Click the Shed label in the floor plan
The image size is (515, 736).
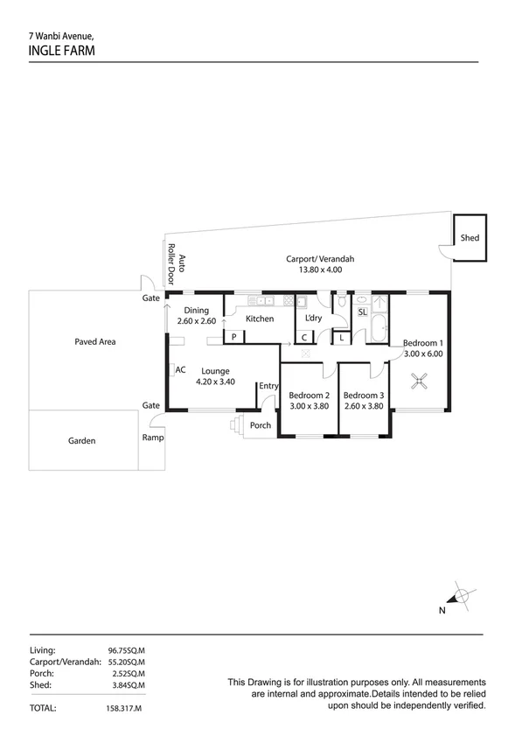pos(470,238)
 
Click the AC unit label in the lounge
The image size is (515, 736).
pos(180,370)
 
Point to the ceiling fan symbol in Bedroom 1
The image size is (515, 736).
pos(421,380)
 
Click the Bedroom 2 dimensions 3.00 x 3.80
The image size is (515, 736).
pos(309,405)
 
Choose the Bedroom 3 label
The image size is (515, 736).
pos(363,395)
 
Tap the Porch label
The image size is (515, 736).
pos(260,426)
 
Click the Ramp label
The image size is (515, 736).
pos(152,438)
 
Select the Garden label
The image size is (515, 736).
pos(82,441)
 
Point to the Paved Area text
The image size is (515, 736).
pos(95,342)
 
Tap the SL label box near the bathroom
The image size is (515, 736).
pos(362,312)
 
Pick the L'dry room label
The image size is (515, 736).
pos(314,318)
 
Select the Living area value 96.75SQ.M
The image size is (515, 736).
pos(127,651)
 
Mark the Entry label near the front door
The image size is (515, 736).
pos(268,386)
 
